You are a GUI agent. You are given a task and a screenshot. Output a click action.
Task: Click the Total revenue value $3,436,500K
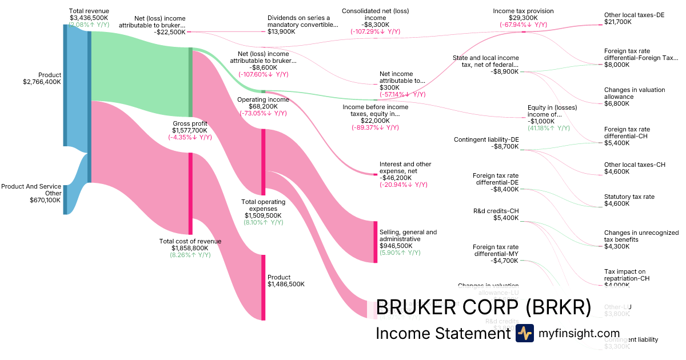pos(89,18)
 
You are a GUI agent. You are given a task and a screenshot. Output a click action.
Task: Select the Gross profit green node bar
pos(191,82)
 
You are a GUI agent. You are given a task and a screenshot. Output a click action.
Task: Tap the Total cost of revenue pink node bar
pos(191,193)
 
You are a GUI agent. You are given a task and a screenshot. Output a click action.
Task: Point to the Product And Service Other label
pos(31,190)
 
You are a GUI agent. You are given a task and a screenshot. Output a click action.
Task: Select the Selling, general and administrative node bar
pos(376,241)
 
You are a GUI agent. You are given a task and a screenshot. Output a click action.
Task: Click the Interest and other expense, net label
pos(405,167)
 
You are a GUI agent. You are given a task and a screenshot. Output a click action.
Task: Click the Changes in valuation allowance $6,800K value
pos(617,103)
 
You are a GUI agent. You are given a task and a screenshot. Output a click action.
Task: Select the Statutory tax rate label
pos(629,197)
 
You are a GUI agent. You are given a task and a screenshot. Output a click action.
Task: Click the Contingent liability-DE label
pos(486,139)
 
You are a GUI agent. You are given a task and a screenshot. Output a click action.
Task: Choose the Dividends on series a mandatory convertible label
pos(303,21)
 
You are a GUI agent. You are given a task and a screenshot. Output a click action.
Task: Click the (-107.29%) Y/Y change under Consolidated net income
pos(375,32)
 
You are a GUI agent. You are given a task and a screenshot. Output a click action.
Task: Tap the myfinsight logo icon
pos(524,333)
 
